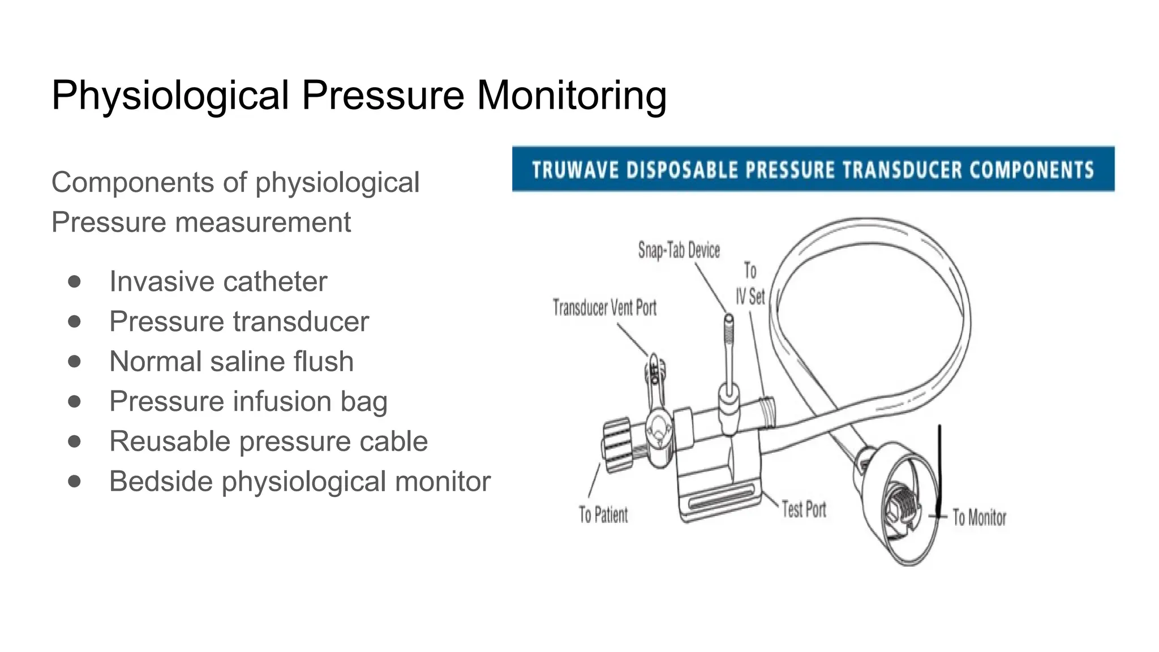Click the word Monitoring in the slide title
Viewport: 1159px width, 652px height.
coord(572,95)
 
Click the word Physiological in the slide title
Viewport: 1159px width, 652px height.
coord(170,95)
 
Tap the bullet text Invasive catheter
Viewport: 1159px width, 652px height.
coord(218,281)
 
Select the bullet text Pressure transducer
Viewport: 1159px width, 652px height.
coord(239,321)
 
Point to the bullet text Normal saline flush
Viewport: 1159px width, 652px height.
coord(231,361)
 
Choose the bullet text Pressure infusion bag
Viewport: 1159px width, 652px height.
coord(248,401)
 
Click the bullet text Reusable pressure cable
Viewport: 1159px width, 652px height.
coord(268,441)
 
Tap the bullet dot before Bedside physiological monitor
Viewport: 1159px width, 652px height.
coord(74,481)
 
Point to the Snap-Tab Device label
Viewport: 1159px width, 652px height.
coord(679,250)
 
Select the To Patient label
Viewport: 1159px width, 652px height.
coord(603,514)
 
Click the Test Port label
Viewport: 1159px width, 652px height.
coord(804,509)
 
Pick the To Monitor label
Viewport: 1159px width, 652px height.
coord(979,517)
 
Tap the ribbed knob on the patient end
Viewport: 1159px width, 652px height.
coord(618,445)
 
